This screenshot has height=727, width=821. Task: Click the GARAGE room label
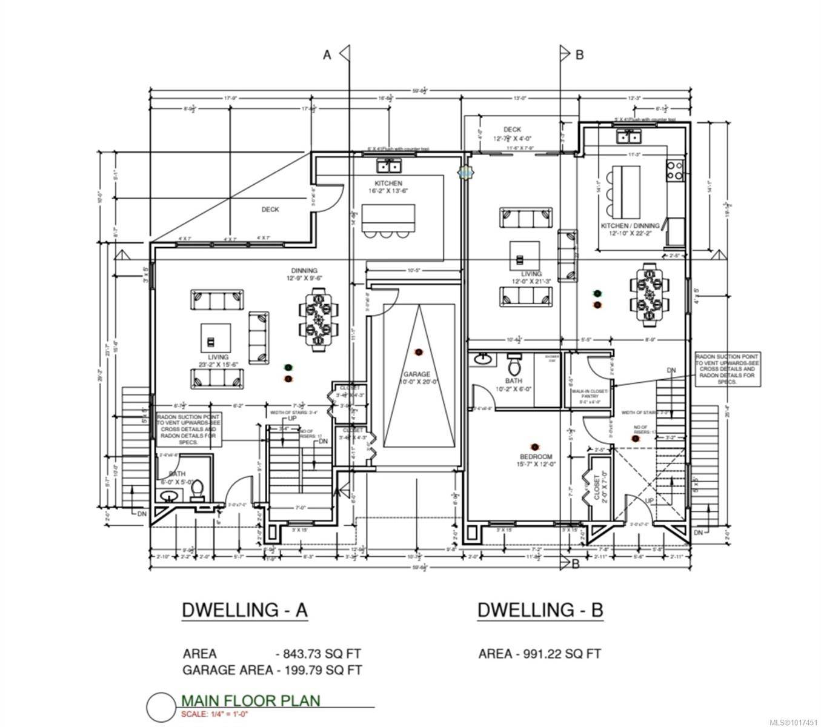pos(418,374)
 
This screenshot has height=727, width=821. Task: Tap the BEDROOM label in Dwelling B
pos(536,456)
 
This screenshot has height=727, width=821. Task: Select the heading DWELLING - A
pos(244,610)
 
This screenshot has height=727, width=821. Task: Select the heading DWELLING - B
pos(540,610)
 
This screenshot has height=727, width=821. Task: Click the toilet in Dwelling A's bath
pos(198,490)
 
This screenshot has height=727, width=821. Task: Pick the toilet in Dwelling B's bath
pos(514,364)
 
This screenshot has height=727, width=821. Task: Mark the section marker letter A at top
pos(327,55)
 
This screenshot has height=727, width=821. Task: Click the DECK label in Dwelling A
pos(270,210)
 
